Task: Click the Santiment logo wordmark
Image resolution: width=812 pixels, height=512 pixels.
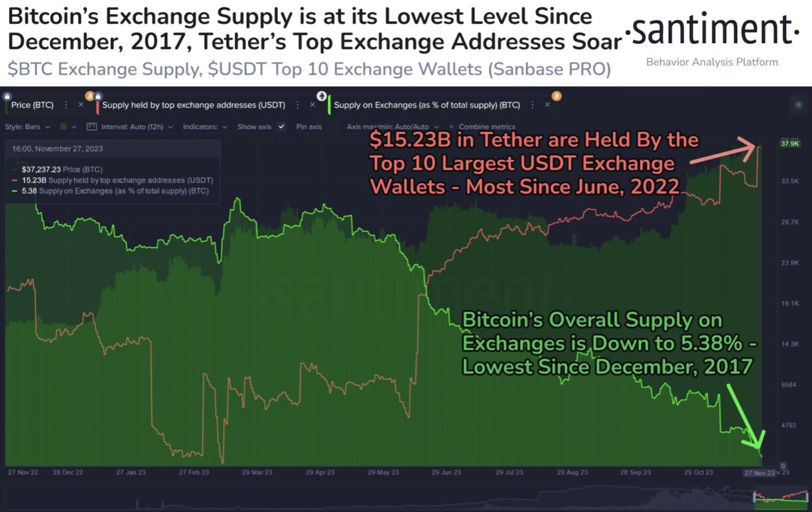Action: point(713,30)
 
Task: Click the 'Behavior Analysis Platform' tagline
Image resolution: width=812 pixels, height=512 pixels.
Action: point(712,62)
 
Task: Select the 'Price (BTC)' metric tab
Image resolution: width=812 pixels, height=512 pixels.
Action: point(33,105)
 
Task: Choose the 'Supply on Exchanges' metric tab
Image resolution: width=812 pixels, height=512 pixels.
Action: point(427,105)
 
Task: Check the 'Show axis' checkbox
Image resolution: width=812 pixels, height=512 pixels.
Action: point(282,127)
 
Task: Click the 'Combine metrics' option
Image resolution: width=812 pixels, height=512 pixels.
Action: point(487,127)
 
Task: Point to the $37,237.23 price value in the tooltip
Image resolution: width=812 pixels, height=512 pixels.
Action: point(41,170)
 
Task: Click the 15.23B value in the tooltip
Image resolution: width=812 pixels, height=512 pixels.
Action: point(33,180)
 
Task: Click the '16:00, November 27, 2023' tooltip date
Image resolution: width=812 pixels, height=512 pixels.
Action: point(57,149)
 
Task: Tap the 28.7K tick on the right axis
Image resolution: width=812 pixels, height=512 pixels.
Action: point(791,222)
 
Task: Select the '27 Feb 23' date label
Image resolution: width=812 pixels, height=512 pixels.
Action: point(194,473)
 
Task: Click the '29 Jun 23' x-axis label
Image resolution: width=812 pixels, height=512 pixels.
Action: point(446,473)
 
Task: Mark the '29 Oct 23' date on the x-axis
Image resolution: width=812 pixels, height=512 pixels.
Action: point(699,473)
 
